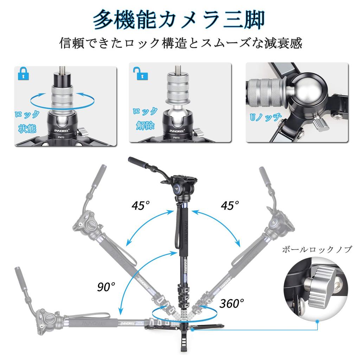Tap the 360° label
232,303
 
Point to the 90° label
107,287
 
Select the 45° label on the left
141,206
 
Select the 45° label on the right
230,205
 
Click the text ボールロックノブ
317,250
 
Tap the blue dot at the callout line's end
317,321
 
